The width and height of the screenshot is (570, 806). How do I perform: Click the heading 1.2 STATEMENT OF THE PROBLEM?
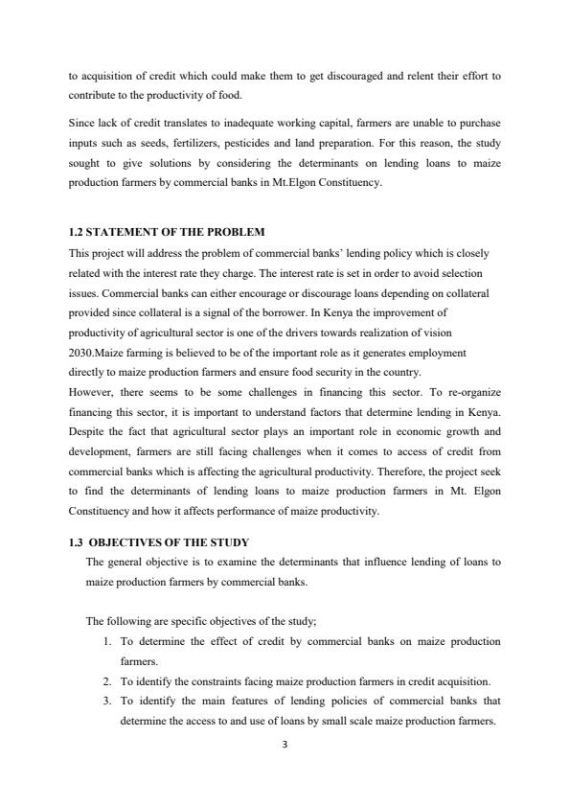click(x=168, y=233)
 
